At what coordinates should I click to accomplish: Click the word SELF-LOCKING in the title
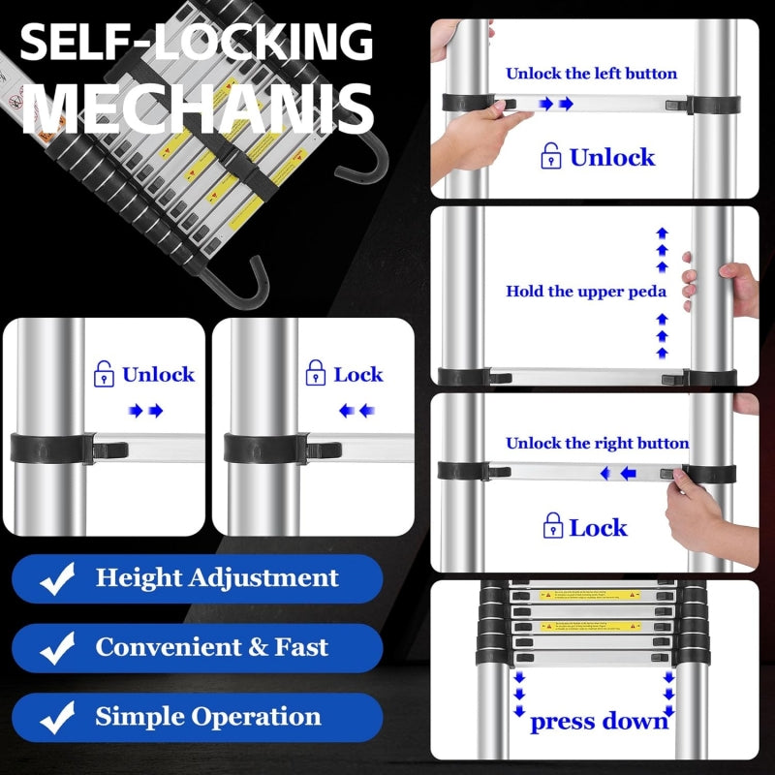point(197,45)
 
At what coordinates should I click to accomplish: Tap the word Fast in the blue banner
point(301,648)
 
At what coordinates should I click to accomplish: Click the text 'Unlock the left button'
point(591,74)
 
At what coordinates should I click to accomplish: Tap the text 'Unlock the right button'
point(597,444)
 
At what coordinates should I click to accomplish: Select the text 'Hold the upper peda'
point(585,291)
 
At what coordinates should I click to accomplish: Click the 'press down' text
point(599,721)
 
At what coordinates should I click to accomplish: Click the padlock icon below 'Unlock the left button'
point(551,157)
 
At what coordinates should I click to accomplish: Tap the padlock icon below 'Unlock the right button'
point(553,527)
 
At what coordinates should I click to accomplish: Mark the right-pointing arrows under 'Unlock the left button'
point(556,104)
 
